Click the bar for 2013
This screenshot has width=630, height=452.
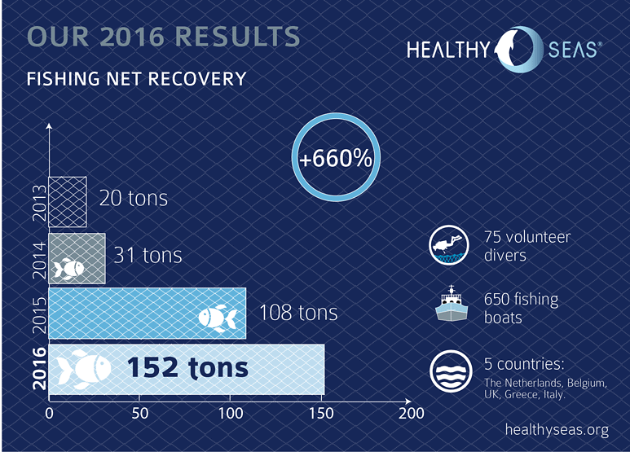68,202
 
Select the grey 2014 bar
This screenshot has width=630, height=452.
77,258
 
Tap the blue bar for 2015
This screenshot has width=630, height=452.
147,313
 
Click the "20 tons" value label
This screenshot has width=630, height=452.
134,198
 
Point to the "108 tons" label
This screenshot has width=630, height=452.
298,312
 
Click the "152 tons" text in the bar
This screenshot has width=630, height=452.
187,367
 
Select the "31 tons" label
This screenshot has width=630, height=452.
148,255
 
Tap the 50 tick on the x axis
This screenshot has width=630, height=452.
140,413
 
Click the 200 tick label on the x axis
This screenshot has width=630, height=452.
411,413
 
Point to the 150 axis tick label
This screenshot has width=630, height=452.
321,413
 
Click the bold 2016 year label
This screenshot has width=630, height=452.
39,368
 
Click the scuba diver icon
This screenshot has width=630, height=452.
449,245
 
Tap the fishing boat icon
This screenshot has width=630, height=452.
452,304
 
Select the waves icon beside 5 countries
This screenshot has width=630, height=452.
451,371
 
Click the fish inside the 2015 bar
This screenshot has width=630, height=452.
218,318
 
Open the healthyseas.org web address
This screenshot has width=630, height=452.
557,430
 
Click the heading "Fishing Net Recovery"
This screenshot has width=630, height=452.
137,79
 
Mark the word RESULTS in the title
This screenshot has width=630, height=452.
238,37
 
